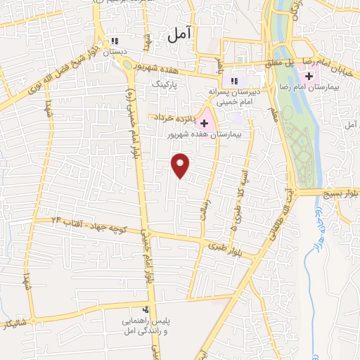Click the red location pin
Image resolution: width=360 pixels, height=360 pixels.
(181, 165)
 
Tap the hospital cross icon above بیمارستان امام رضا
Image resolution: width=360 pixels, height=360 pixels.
(309, 75)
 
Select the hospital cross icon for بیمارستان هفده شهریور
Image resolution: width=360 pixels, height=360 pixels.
(204, 122)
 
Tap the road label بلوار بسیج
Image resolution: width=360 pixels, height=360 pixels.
(337, 192)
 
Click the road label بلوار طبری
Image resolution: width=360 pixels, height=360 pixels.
(229, 245)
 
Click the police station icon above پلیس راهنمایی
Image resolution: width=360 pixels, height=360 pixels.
(146, 309)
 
